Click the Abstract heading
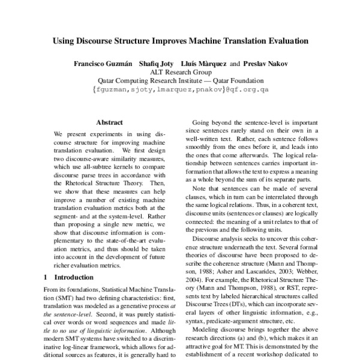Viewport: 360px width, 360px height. (x=109, y=121)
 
